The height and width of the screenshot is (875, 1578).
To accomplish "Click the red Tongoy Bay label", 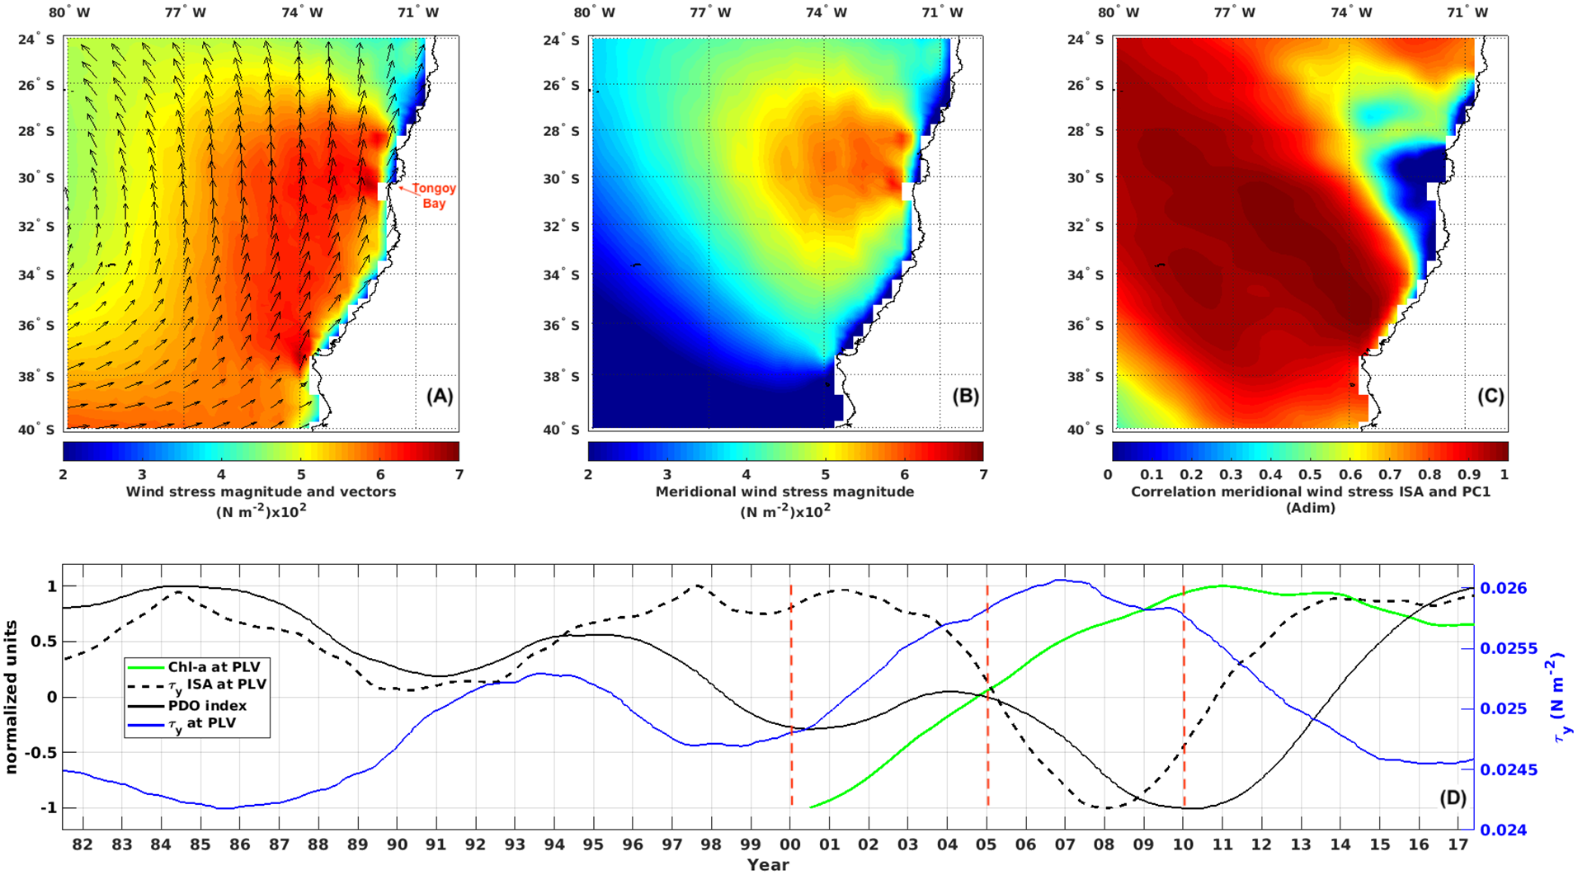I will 434,195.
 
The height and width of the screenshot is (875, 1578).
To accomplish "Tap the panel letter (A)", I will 439,396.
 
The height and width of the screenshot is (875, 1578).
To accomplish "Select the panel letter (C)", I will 1490,396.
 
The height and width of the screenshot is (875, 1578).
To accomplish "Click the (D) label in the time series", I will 1452,798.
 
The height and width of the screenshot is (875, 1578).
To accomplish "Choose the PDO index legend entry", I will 207,705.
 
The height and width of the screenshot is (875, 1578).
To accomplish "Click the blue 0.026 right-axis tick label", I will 1503,588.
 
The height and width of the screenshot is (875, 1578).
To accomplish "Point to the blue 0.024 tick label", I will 1503,830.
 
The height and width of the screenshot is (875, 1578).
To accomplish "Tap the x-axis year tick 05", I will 986,844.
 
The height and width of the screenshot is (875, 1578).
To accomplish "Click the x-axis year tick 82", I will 82,844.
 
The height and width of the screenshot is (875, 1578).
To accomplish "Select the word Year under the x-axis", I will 767,864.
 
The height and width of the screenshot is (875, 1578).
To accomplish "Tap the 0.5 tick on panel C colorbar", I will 1310,475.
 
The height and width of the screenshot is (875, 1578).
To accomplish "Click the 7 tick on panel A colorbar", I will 459,475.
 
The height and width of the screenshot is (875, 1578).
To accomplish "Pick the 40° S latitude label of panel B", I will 561,429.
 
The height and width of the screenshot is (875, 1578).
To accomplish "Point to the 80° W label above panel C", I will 1118,12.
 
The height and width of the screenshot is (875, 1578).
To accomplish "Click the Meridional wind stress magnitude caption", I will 784,492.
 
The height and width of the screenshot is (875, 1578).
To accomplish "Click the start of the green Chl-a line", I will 812,807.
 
